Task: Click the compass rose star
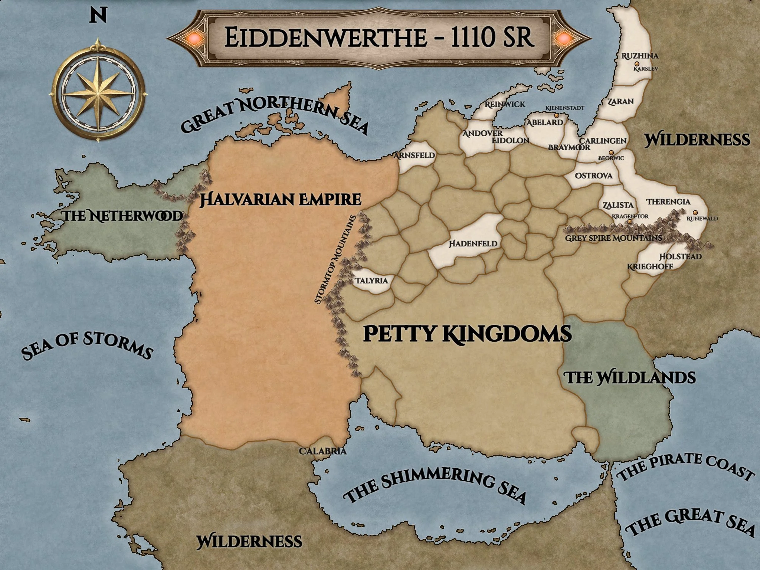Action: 97,89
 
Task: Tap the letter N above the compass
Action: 98,16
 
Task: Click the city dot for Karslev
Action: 637,64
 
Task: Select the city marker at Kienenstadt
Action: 557,115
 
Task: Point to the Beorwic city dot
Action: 611,153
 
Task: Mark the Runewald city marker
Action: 695,213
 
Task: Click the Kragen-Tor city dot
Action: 630,222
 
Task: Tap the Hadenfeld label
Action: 473,244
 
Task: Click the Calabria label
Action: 323,451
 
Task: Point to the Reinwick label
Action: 505,104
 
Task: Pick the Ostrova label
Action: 594,176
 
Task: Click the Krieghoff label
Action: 650,267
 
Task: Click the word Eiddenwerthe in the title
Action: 325,37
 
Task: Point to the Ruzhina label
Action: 640,56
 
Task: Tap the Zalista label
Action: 618,205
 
